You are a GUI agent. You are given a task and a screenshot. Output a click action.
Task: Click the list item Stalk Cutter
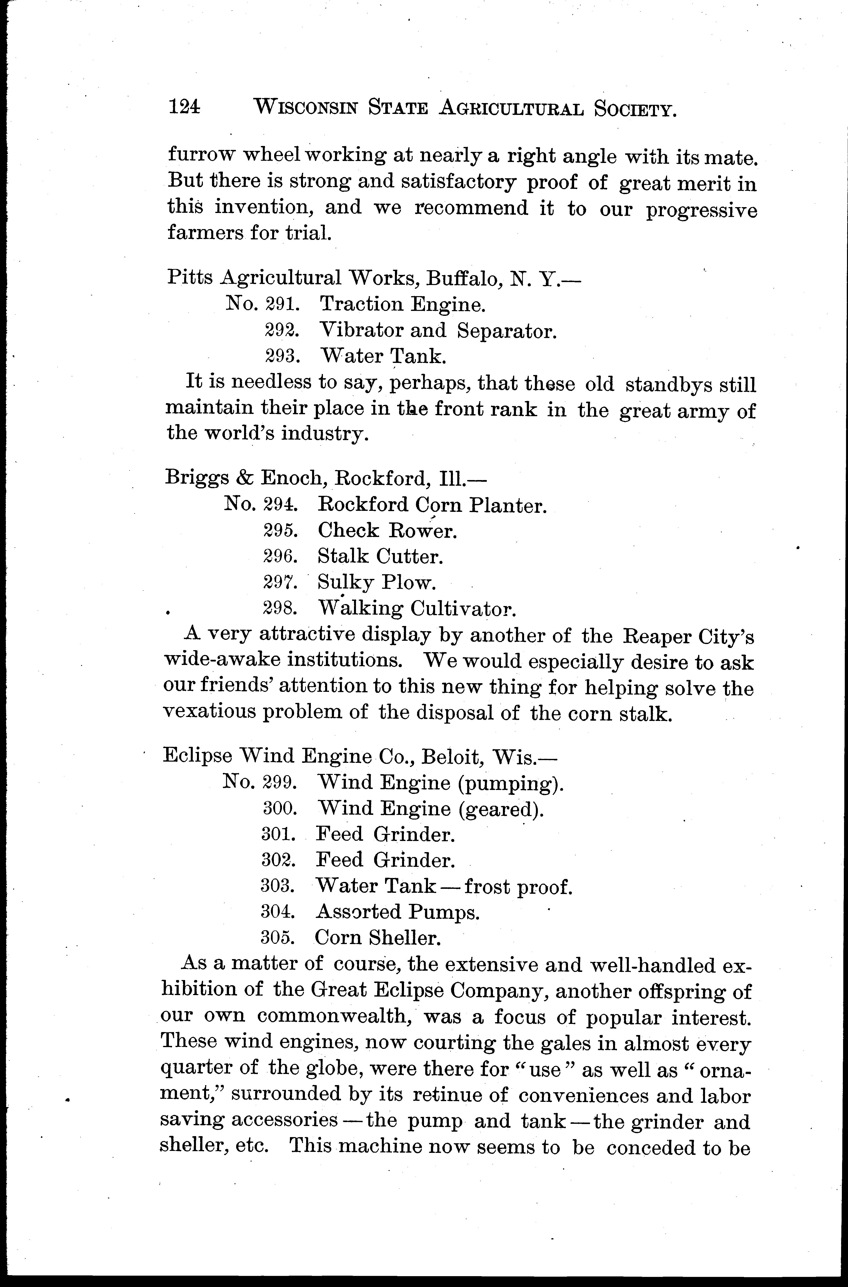coord(380,556)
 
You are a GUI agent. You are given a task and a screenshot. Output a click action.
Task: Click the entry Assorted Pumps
coord(397,912)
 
